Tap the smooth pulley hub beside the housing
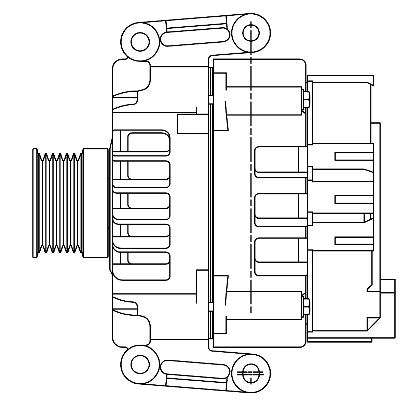tap(96, 203)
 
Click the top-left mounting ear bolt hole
tap(140, 42)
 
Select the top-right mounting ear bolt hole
tap(251, 33)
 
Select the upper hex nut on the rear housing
tap(306, 99)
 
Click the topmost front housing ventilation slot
tap(149, 142)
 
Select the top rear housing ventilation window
tap(277, 161)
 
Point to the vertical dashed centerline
tap(251, 205)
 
